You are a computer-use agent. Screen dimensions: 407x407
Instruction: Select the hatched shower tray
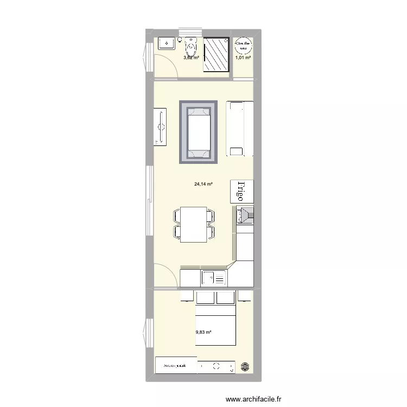point(217,54)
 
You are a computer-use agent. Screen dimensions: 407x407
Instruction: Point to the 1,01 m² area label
point(243,57)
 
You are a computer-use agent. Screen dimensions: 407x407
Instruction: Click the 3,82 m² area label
point(191,57)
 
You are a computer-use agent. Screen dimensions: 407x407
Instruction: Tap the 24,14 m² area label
point(203,185)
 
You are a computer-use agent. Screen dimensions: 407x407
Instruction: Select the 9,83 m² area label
point(203,333)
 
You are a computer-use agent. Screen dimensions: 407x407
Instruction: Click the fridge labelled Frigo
point(241,192)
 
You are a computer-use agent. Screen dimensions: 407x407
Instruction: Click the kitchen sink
point(215,278)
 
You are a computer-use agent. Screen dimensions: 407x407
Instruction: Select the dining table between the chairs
point(194,224)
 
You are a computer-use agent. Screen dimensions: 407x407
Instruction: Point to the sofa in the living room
point(239,128)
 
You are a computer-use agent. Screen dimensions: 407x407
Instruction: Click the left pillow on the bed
point(205,298)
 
